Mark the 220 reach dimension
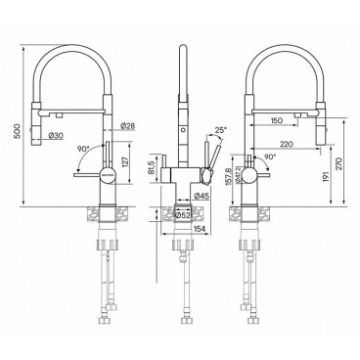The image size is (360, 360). click(300, 144)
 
